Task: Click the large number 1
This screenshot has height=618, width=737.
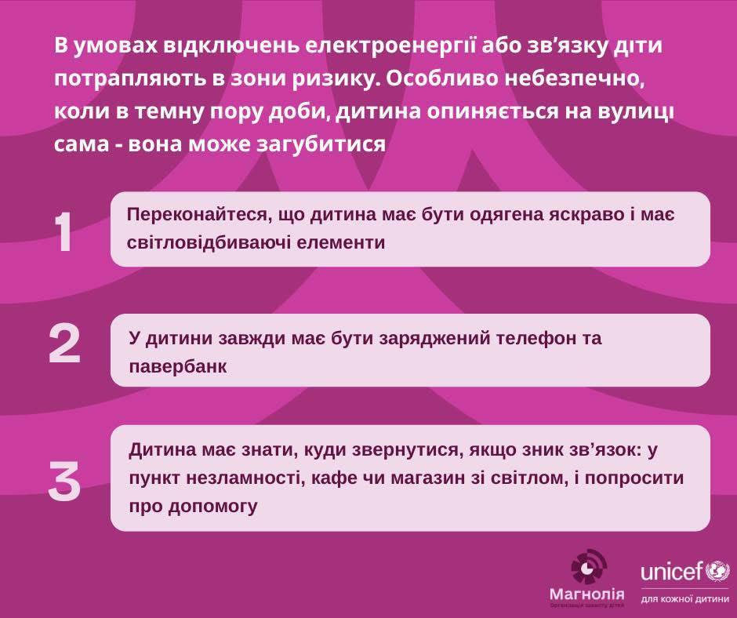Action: [64, 232]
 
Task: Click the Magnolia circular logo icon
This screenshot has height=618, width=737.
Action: [589, 568]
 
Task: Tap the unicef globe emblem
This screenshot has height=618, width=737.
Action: [717, 572]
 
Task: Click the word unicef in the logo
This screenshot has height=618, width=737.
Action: [673, 571]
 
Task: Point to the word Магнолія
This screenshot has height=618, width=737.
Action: [587, 594]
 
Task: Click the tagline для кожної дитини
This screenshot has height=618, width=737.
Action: [684, 600]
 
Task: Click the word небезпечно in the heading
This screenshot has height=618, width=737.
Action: [573, 78]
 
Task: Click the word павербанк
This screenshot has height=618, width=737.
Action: [178, 367]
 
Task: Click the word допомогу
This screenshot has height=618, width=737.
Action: [212, 507]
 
